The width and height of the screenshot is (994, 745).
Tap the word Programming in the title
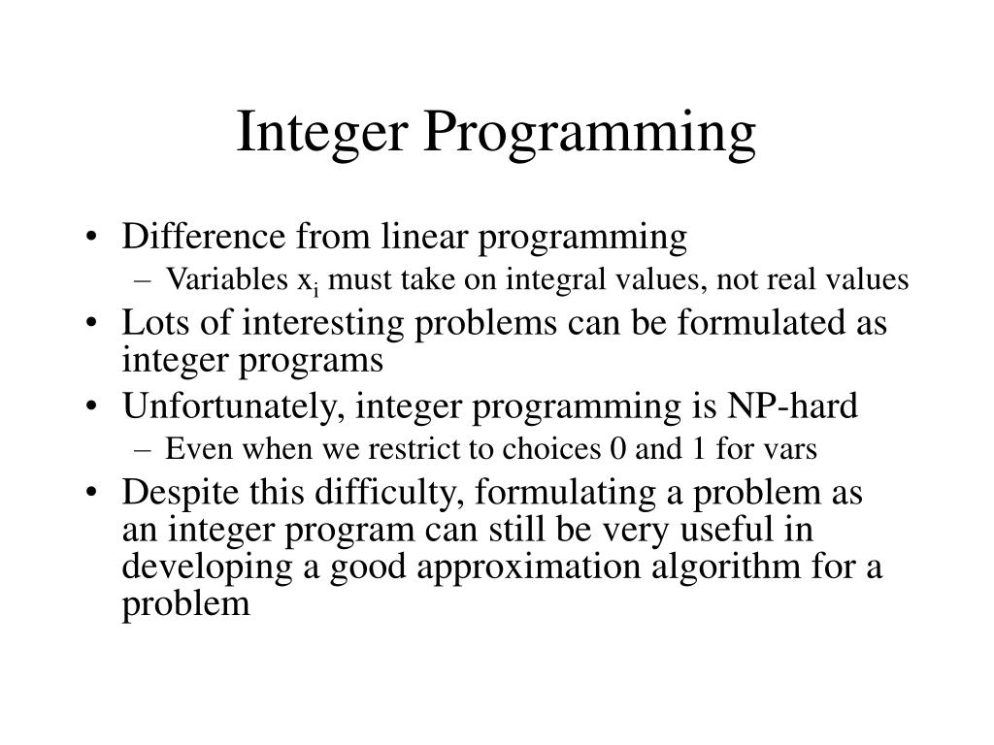pyautogui.click(x=587, y=135)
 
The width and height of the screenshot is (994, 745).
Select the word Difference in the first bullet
pyautogui.click(x=200, y=236)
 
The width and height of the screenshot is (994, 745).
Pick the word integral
pyautogui.click(x=567, y=280)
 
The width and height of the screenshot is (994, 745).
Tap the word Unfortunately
pyautogui.click(x=233, y=406)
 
